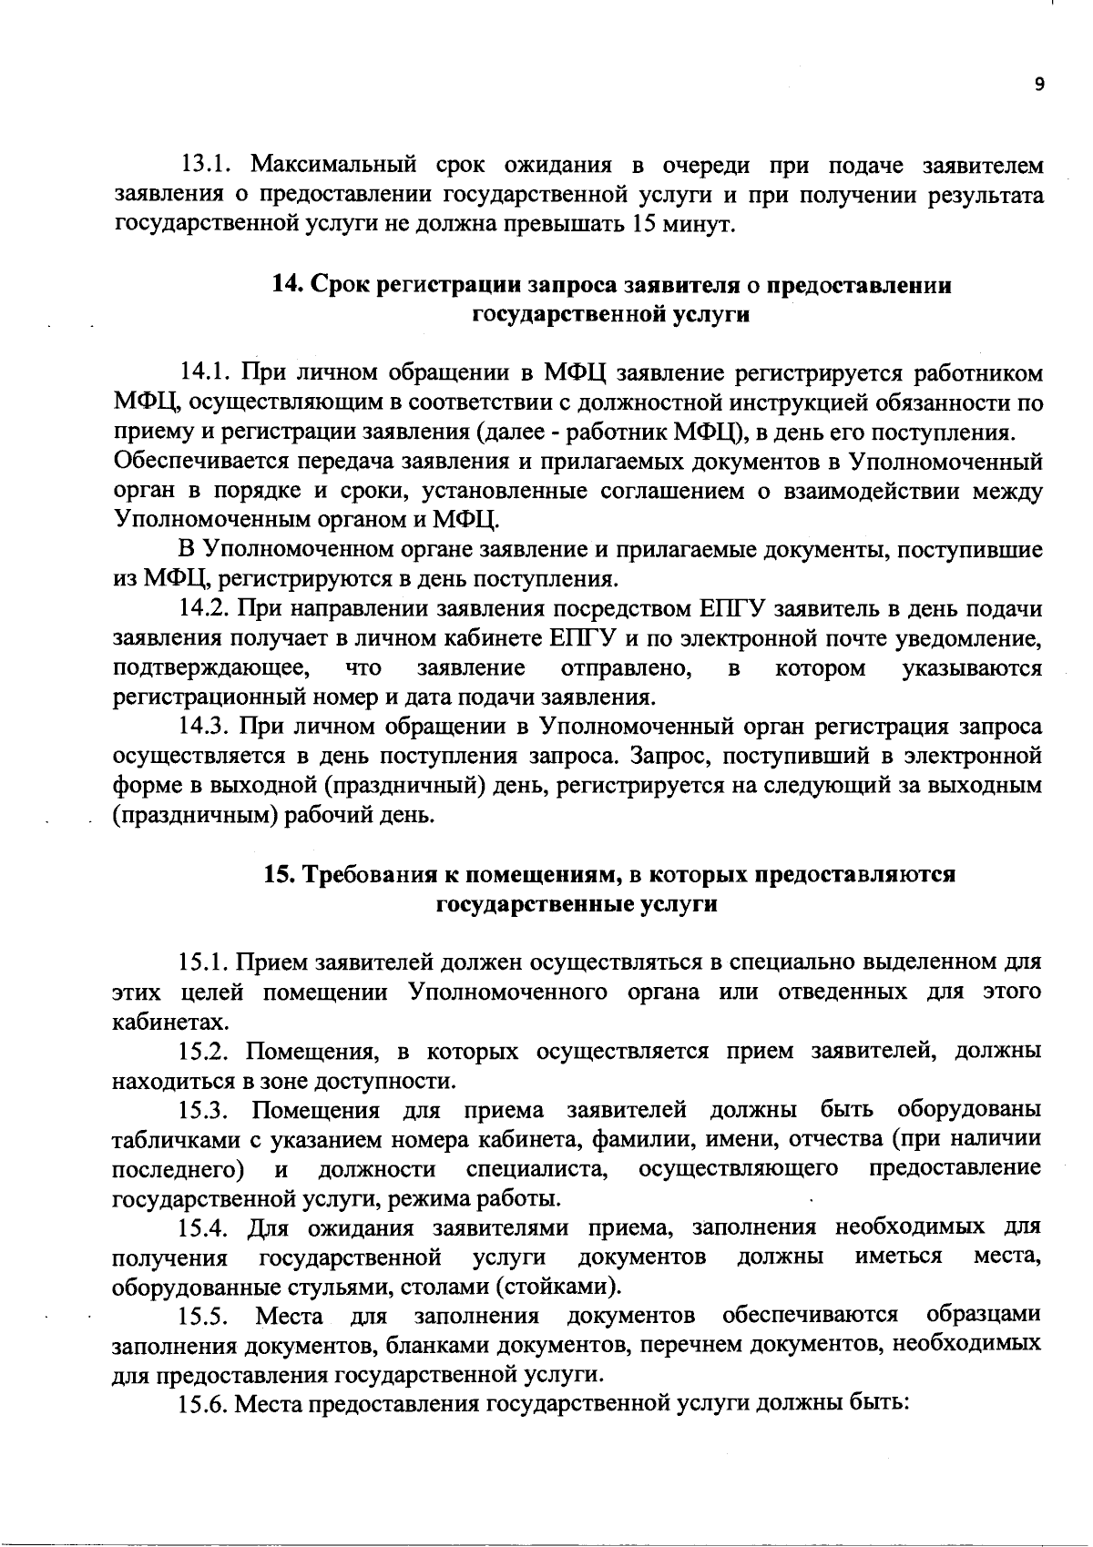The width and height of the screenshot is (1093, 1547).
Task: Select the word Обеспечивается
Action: tap(217, 462)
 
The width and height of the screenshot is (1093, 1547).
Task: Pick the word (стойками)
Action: tap(560, 1287)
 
